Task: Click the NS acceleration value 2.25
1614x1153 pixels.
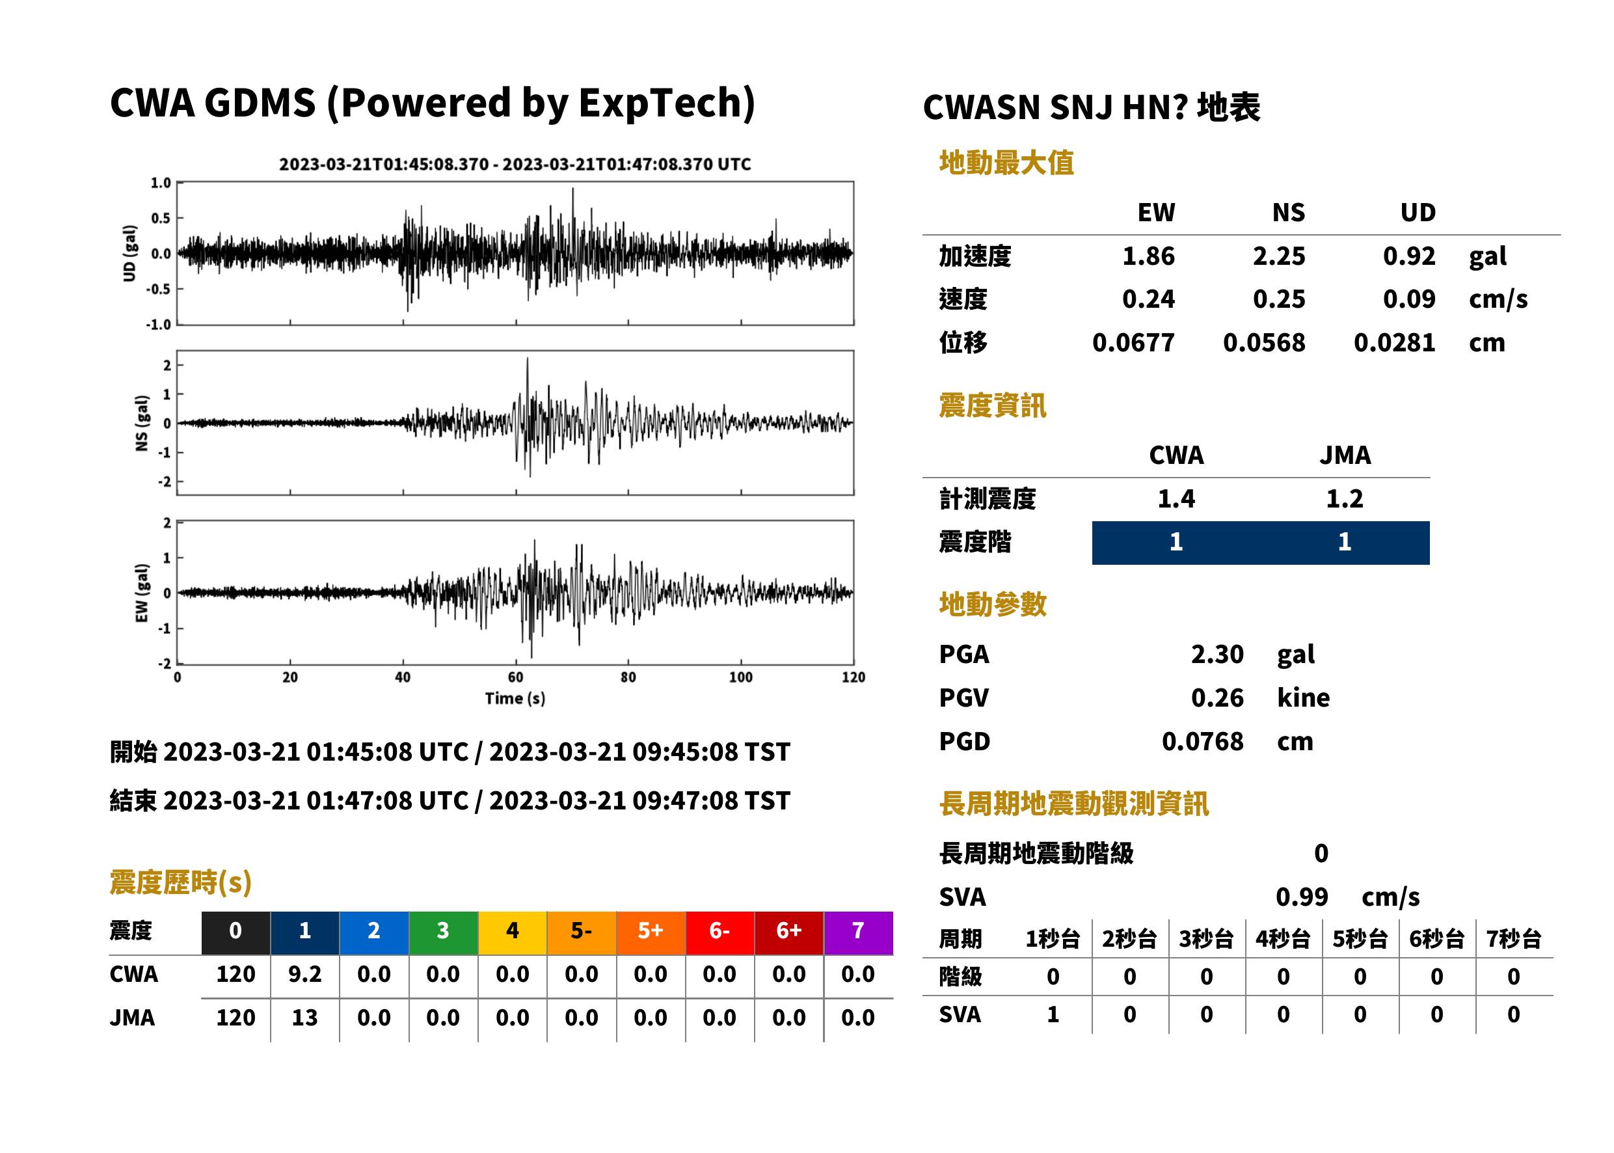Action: point(1278,256)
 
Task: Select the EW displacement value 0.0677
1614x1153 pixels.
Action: point(1133,343)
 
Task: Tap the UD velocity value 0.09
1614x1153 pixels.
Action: point(1409,299)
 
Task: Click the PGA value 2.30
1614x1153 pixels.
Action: point(1217,655)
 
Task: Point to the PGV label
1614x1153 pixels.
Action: point(963,698)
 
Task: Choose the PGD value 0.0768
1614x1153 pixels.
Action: point(1202,742)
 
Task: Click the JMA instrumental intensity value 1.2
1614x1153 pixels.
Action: point(1344,499)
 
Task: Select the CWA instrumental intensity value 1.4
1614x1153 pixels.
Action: point(1176,499)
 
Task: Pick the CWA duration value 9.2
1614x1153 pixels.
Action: point(304,975)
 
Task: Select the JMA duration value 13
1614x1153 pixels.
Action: point(304,1018)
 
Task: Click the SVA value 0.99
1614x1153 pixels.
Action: point(1302,897)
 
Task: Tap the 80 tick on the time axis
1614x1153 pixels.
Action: point(628,677)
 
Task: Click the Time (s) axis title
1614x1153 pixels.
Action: point(515,699)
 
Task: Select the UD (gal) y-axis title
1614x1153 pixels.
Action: point(129,254)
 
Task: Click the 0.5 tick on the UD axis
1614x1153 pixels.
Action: point(161,218)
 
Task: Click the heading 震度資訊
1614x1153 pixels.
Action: point(992,406)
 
